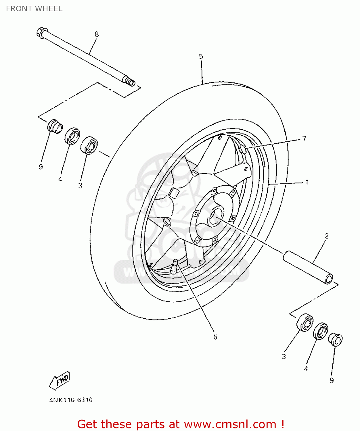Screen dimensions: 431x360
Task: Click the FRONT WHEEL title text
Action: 34,9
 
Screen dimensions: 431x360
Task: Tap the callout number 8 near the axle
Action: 97,34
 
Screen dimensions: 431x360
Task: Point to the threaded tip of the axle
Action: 130,82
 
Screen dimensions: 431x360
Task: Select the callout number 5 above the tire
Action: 201,56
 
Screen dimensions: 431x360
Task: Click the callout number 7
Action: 304,138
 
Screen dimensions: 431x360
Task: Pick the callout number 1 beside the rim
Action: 307,182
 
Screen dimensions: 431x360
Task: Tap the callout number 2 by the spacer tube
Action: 327,236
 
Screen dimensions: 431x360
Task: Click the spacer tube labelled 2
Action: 308,267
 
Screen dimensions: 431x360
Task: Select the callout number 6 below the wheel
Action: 215,337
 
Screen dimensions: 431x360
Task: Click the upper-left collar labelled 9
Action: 55,126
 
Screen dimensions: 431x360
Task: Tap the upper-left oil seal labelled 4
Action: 72,136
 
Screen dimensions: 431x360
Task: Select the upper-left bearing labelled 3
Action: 89,145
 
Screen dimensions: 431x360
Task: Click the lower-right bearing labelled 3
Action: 305,322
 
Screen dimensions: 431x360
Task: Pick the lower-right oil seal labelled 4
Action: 321,331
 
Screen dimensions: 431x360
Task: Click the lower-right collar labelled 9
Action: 335,340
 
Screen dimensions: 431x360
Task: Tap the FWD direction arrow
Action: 60,381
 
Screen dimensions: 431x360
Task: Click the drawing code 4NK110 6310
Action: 71,400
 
